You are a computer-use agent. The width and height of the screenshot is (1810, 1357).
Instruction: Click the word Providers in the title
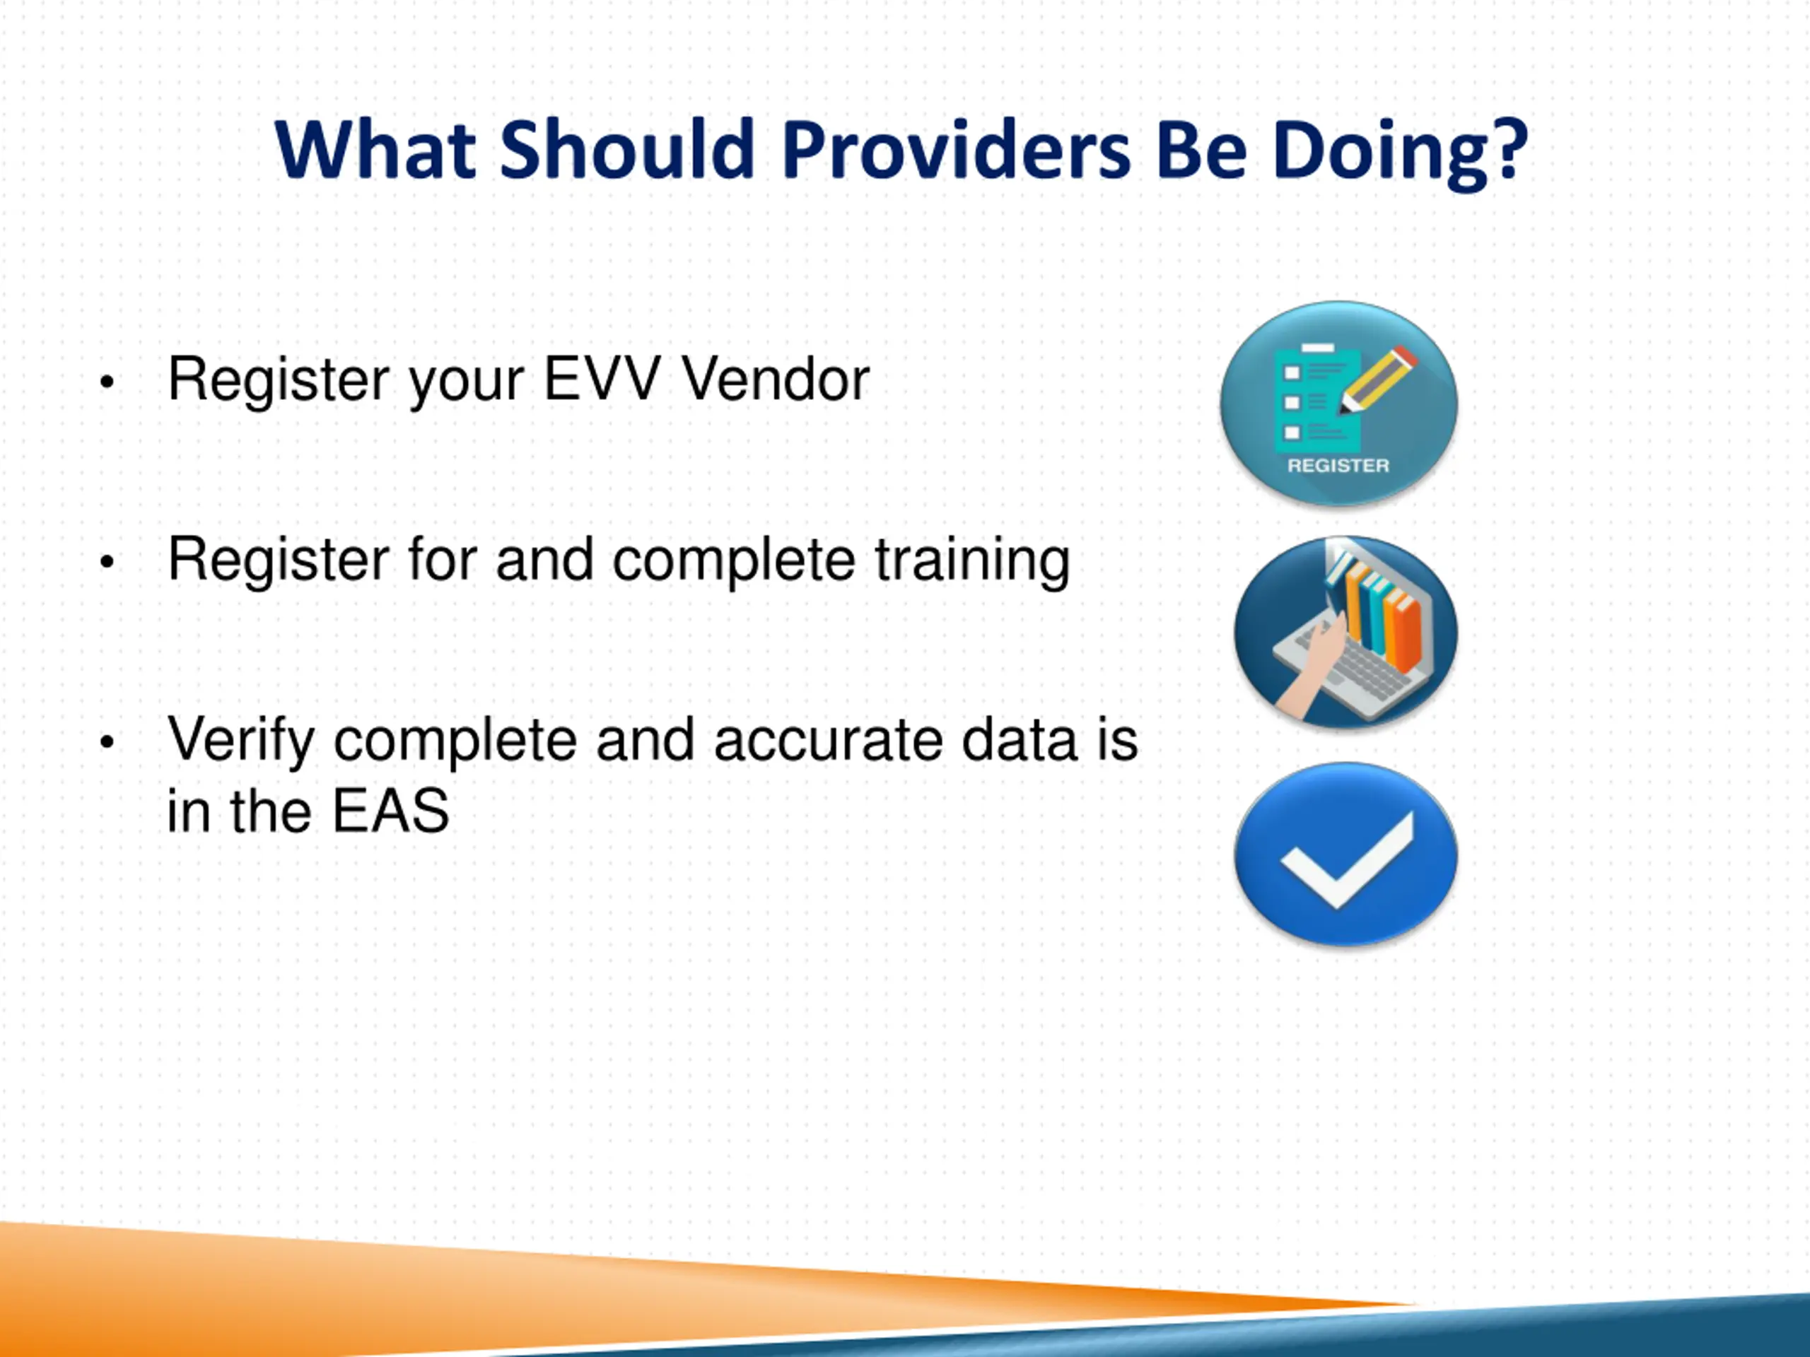coord(956,151)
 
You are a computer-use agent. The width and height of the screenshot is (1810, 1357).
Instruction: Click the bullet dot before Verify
coord(106,742)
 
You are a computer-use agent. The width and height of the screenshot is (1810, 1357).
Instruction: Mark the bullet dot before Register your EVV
coord(106,381)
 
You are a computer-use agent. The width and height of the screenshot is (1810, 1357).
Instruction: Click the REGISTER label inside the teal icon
coord(1338,466)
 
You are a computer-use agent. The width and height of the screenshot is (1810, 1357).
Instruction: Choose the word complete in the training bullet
coord(734,563)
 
